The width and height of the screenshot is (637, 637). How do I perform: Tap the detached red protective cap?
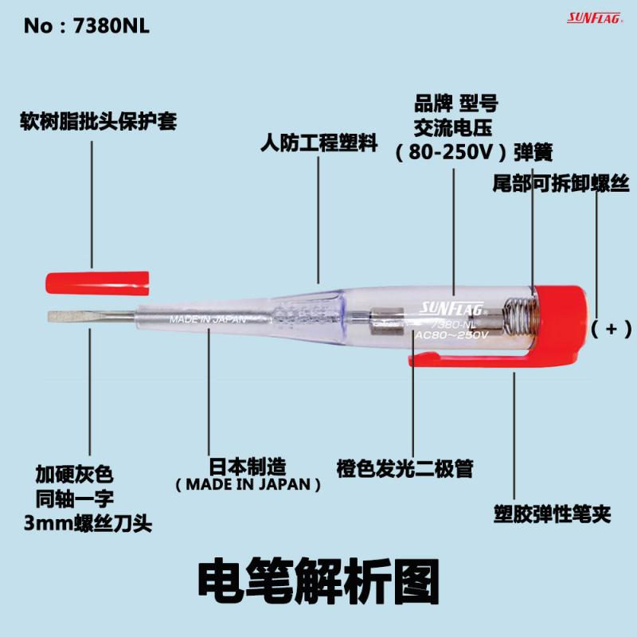(97, 280)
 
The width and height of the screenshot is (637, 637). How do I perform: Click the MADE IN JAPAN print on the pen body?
(205, 320)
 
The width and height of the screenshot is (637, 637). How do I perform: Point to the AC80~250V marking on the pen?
(451, 335)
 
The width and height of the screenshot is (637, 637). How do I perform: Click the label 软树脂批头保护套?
(98, 123)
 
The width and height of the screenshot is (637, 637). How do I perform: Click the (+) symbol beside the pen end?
(612, 327)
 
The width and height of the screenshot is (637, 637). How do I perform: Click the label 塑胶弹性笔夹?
(551, 514)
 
